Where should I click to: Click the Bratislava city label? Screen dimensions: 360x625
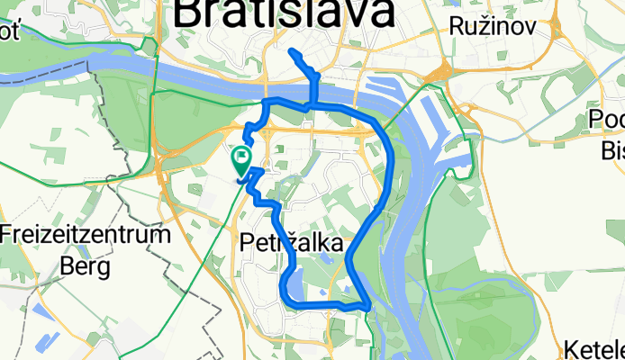[x=283, y=13]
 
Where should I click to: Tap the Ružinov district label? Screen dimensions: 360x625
[x=493, y=26]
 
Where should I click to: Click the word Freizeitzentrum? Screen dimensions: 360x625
[x=86, y=237]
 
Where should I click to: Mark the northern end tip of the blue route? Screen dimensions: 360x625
[x=292, y=52]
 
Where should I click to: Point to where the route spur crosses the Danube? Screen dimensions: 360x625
[x=312, y=94]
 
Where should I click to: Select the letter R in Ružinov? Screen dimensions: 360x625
[x=456, y=26]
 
